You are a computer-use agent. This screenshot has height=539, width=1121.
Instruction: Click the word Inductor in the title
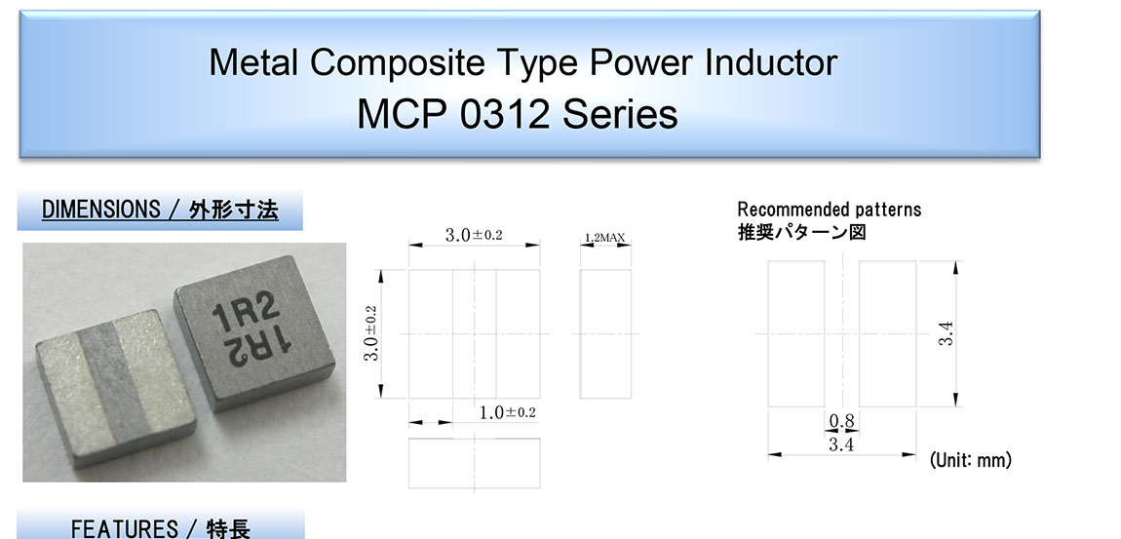point(771,62)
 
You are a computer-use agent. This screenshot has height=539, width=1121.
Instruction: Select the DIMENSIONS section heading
point(160,211)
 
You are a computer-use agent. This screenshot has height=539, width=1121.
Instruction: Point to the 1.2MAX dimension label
point(604,237)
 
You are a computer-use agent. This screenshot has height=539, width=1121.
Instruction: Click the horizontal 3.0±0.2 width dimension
point(474,235)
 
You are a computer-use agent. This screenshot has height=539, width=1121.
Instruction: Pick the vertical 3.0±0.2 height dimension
point(371,333)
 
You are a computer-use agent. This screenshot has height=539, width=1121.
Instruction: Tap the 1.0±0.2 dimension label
point(507,412)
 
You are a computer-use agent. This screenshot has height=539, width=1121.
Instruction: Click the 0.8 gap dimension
point(841,421)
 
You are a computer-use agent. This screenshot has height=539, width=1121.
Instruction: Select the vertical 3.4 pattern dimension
point(947,334)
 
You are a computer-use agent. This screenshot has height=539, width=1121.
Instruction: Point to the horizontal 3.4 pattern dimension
point(841,444)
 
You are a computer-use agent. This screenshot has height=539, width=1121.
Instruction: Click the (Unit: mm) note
point(970,460)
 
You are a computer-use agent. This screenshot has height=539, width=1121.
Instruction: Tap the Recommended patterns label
point(830,210)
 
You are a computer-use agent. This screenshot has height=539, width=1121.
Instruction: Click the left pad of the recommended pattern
point(796,334)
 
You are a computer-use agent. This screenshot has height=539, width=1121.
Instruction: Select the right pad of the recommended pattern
point(887,334)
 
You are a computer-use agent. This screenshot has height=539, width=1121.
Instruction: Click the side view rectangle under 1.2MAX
point(604,334)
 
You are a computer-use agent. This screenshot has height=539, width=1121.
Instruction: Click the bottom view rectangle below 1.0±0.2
point(474,463)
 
